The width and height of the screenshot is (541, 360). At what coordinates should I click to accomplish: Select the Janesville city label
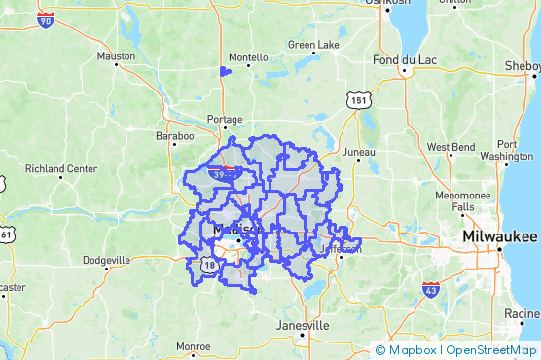(303, 325)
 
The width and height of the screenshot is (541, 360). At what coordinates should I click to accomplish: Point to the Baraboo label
(174, 137)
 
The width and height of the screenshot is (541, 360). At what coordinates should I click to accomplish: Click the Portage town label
(225, 119)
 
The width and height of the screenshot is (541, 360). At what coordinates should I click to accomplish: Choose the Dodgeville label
(107, 260)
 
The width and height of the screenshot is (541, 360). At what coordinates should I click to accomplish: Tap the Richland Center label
(60, 168)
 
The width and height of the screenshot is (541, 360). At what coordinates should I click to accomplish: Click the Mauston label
(116, 56)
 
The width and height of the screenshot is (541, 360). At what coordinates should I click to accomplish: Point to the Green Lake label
(313, 46)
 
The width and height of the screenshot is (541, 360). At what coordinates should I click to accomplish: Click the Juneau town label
(359, 152)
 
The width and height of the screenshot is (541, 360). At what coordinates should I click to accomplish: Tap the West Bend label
(450, 147)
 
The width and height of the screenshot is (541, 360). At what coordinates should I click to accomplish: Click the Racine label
(523, 313)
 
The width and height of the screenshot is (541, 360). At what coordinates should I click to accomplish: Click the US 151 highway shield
(361, 100)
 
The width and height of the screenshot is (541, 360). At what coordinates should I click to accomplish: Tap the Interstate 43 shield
(431, 289)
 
